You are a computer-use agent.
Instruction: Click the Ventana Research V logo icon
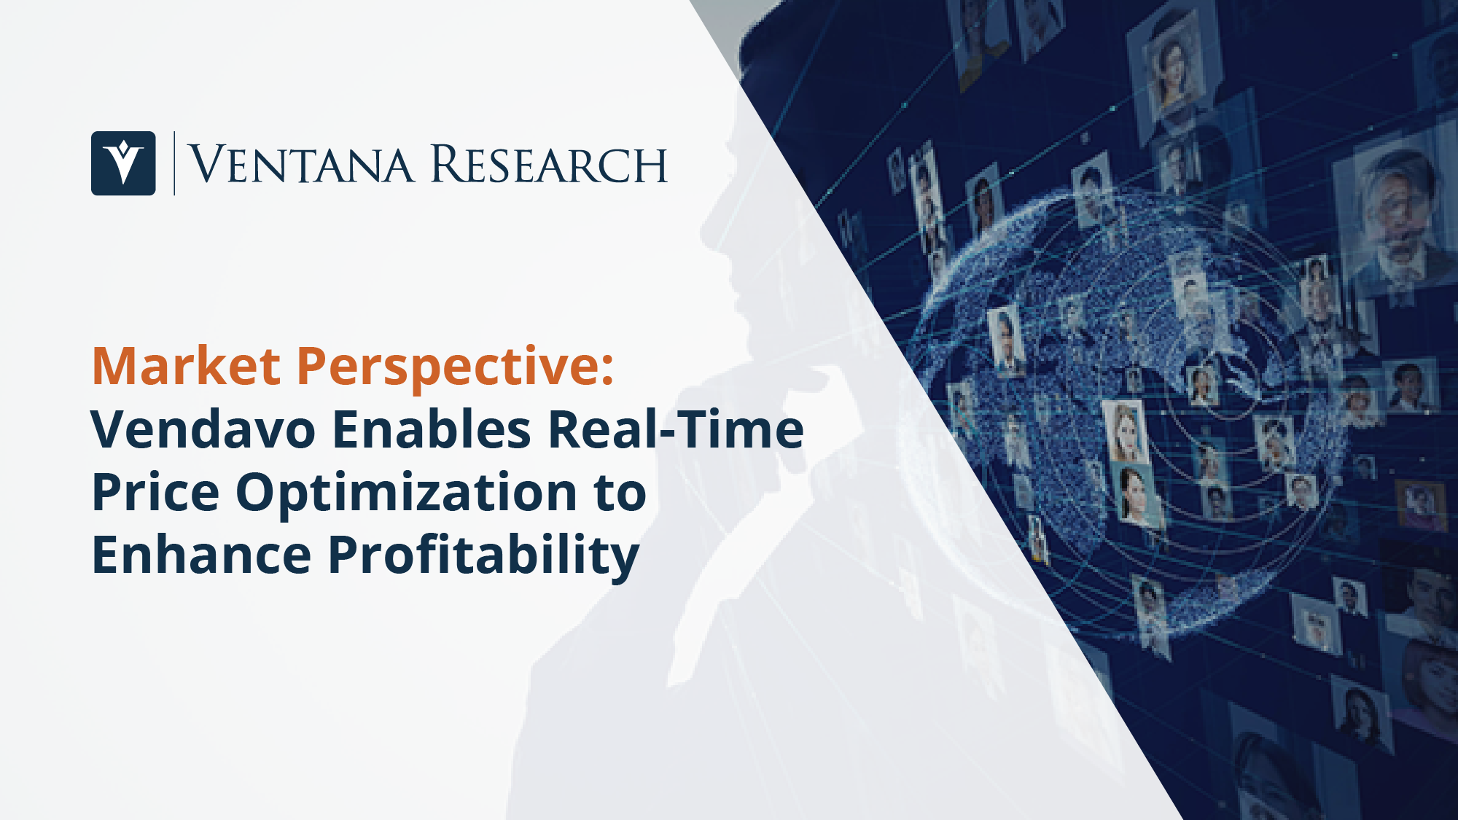coord(123,163)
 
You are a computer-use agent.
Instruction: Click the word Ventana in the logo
coord(301,165)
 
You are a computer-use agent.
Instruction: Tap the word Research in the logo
coord(549,164)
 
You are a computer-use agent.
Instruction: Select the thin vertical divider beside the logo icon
coord(174,163)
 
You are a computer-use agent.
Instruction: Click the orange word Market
coord(186,366)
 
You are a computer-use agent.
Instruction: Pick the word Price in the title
coord(155,492)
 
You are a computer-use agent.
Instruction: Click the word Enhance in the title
coord(202,555)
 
